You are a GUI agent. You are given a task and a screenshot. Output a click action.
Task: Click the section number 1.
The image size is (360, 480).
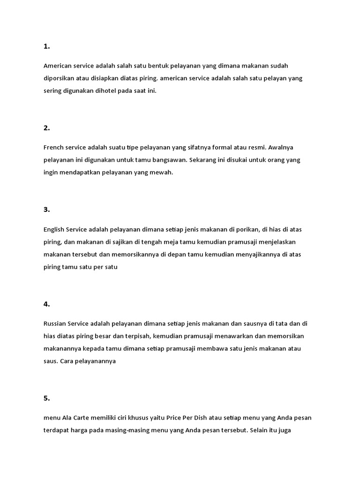tap(46, 46)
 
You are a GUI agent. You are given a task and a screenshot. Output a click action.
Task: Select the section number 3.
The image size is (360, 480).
tap(46, 210)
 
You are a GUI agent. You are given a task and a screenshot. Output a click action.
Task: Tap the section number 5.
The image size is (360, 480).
tap(46, 385)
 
